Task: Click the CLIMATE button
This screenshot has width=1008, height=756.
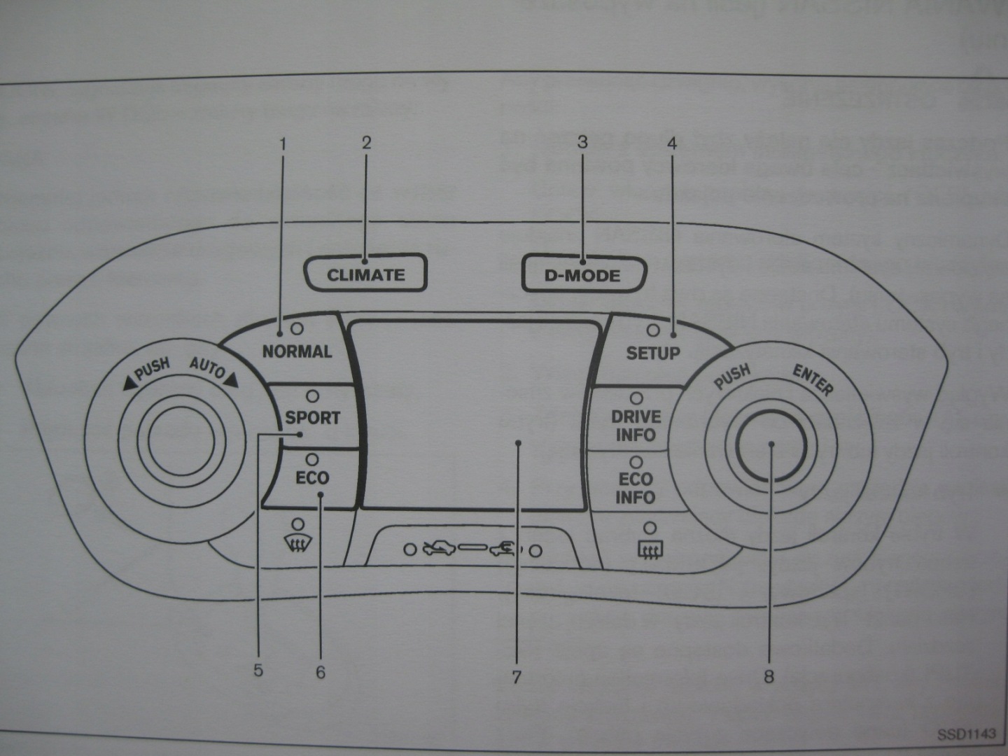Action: pyautogui.click(x=365, y=274)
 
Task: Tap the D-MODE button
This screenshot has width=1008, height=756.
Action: pyautogui.click(x=582, y=275)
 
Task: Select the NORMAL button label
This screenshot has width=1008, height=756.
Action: pyautogui.click(x=297, y=351)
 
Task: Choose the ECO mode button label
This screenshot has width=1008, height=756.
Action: pyautogui.click(x=312, y=478)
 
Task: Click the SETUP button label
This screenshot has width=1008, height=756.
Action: pyautogui.click(x=652, y=353)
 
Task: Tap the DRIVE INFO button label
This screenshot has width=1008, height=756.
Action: pyautogui.click(x=636, y=426)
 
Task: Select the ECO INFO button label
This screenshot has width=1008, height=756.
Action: pyautogui.click(x=636, y=488)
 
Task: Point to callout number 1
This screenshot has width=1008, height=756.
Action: pyautogui.click(x=283, y=145)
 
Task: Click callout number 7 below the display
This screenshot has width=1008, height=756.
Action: pyautogui.click(x=517, y=677)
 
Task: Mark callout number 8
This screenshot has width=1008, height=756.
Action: pyautogui.click(x=769, y=677)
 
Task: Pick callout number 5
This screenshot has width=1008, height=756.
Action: pyautogui.click(x=258, y=671)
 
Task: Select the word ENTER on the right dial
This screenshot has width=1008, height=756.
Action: pyautogui.click(x=813, y=380)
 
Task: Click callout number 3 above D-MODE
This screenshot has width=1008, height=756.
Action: pyautogui.click(x=582, y=142)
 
